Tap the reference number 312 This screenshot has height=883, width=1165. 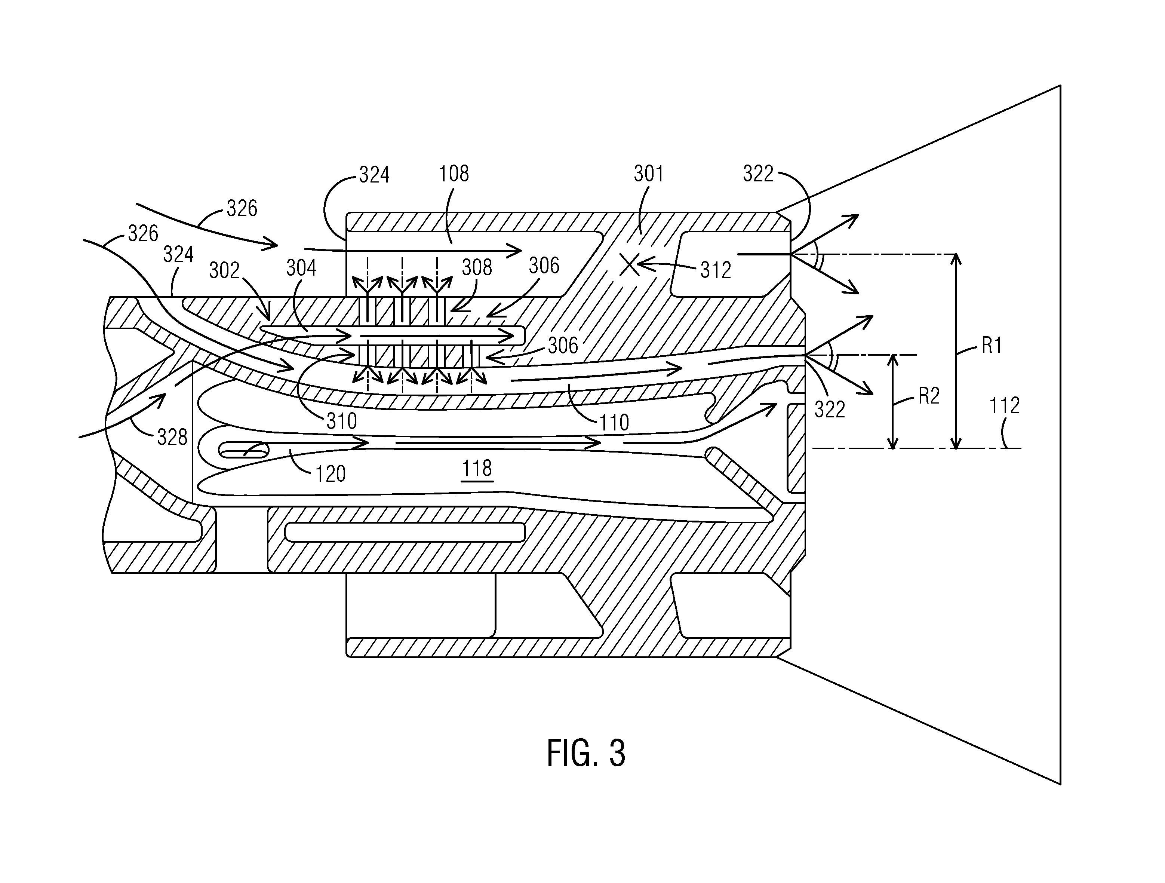click(x=716, y=270)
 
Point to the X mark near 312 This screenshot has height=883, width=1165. click(x=629, y=264)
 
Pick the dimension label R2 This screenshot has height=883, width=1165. click(x=929, y=396)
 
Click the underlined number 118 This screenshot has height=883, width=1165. click(x=477, y=468)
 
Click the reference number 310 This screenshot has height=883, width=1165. click(x=342, y=421)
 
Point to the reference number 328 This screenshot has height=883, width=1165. click(x=172, y=437)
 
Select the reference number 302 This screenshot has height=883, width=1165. click(x=224, y=270)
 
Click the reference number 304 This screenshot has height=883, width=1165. click(x=301, y=268)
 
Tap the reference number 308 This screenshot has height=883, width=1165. click(x=477, y=268)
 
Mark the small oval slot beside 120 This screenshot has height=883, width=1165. click(x=243, y=450)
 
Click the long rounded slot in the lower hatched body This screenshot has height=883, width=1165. click(x=405, y=532)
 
